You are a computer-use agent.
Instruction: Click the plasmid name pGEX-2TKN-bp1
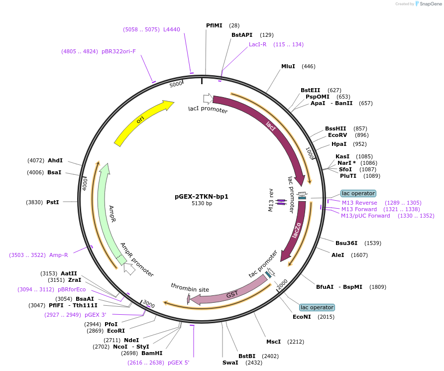point(202,196)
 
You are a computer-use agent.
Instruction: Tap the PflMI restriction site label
point(214,25)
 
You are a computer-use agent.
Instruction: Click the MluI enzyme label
point(288,66)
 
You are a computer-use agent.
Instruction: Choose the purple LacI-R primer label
point(257,44)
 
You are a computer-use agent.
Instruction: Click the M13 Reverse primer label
point(359,203)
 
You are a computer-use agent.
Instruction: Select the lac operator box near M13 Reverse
point(358,193)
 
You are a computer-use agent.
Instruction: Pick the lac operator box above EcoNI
point(317,307)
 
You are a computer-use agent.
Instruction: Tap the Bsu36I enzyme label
point(346,243)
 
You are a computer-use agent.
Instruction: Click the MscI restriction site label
point(273,342)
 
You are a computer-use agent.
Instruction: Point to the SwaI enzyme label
point(230,363)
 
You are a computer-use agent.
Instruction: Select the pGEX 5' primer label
point(178,363)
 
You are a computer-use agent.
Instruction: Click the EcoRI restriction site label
point(116,331)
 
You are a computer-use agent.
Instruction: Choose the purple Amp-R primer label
point(58,255)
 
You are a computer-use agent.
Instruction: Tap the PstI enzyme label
point(53,202)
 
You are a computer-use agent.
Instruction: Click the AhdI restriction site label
point(55,160)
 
